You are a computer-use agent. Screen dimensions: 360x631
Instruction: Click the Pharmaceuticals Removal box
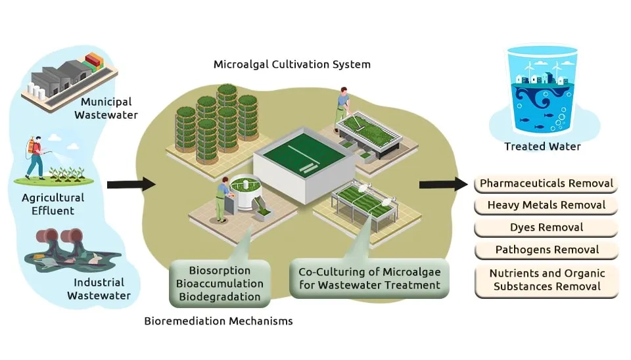click(546, 183)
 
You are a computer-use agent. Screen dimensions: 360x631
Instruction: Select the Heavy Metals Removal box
click(546, 205)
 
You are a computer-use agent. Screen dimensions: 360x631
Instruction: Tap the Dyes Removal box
click(546, 227)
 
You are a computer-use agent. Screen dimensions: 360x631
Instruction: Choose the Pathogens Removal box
click(546, 250)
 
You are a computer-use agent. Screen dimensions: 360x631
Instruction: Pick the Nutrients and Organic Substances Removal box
click(547, 279)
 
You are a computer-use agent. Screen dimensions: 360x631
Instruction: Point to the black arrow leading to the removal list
click(444, 183)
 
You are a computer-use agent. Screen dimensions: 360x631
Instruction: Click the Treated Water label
click(542, 146)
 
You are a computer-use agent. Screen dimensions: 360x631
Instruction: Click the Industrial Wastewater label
click(99, 290)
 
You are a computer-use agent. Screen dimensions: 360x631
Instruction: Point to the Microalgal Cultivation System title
click(292, 64)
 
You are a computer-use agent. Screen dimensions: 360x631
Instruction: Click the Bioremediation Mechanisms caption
click(218, 321)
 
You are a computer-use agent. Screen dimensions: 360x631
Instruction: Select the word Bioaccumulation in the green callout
click(220, 284)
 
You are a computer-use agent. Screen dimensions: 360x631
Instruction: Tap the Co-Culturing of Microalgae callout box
click(369, 278)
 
